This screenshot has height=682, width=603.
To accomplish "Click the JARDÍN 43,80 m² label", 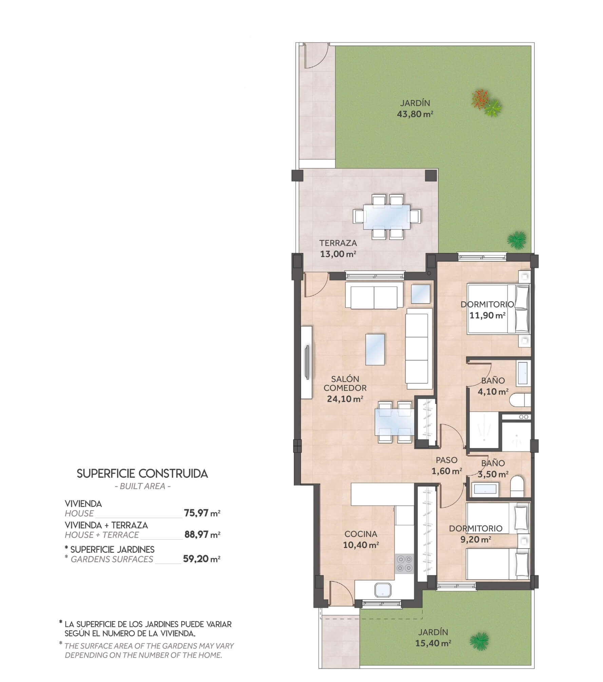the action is coord(415,108).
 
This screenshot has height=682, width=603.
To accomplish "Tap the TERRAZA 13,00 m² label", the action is coord(338,248).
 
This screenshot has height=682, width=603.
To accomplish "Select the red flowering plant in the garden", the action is coord(481,99).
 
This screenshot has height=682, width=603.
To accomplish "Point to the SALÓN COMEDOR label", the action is coord(345,383).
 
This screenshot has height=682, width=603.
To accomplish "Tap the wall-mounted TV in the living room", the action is coord(307,362).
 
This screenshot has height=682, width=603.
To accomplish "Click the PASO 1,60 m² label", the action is coord(447,465).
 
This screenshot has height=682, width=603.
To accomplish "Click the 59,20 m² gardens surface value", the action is coord(202,559).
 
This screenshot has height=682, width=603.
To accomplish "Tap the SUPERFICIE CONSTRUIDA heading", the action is coord(142,474).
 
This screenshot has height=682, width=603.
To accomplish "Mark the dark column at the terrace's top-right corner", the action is coord(431,175).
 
